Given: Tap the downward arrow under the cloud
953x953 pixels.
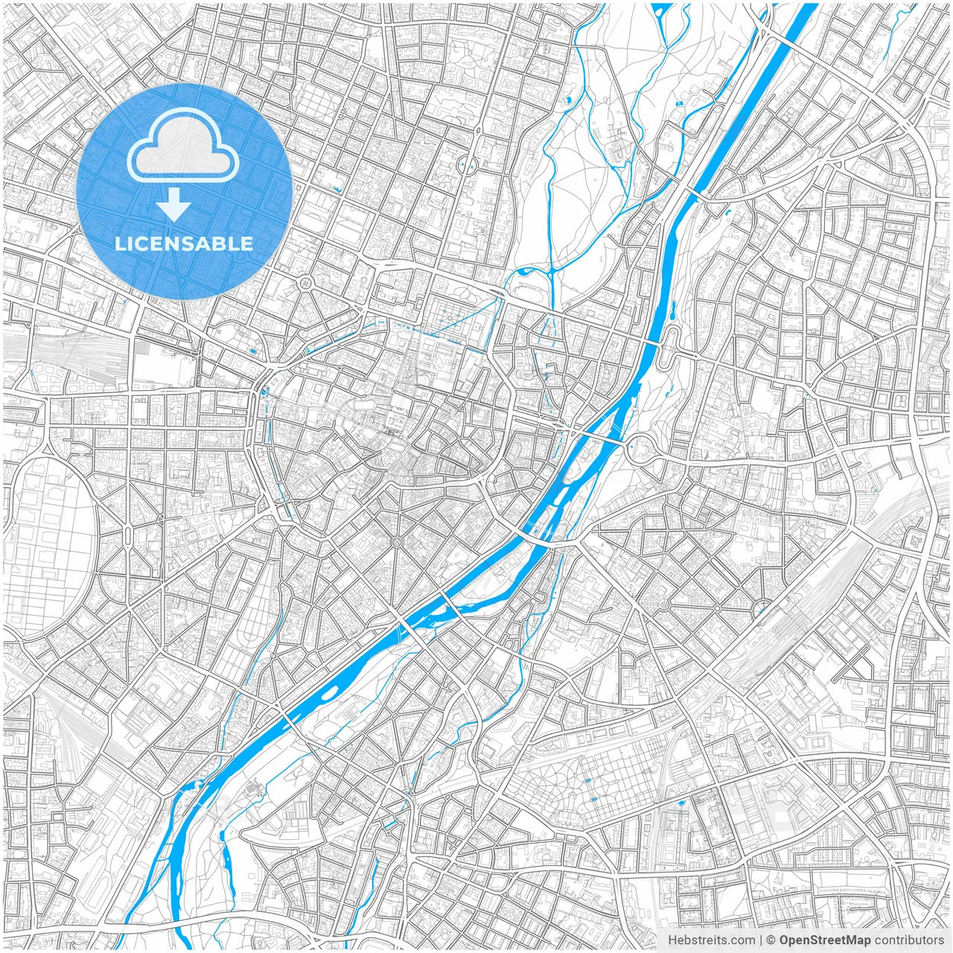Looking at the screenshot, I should pyautogui.click(x=174, y=205).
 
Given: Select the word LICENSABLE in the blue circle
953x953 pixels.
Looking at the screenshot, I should pyautogui.click(x=184, y=243).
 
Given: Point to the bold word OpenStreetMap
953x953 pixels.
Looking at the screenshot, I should pyautogui.click(x=825, y=940).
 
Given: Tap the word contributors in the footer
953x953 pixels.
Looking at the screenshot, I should pyautogui.click(x=909, y=940).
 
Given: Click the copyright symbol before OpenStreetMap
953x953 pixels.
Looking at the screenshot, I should pyautogui.click(x=771, y=940).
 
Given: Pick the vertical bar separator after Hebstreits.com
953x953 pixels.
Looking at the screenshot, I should pyautogui.click(x=760, y=940).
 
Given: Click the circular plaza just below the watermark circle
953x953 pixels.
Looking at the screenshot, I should pyautogui.click(x=306, y=283).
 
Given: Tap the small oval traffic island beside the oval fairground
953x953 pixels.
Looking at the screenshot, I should pyautogui.click(x=127, y=533).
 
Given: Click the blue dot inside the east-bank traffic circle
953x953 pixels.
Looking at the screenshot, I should pyautogui.click(x=631, y=447).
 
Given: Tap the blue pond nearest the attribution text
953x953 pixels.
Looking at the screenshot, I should pyautogui.click(x=681, y=803).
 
